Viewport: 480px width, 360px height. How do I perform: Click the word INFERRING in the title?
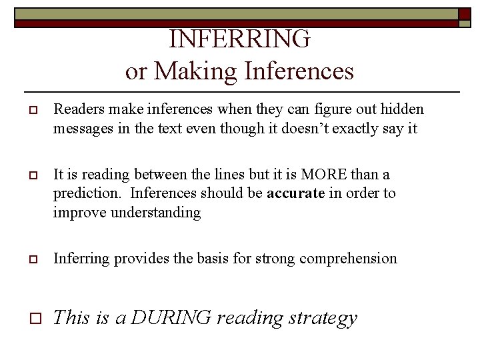239,39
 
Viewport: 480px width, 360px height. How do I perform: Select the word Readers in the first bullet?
75,109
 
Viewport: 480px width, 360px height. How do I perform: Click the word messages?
81,128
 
